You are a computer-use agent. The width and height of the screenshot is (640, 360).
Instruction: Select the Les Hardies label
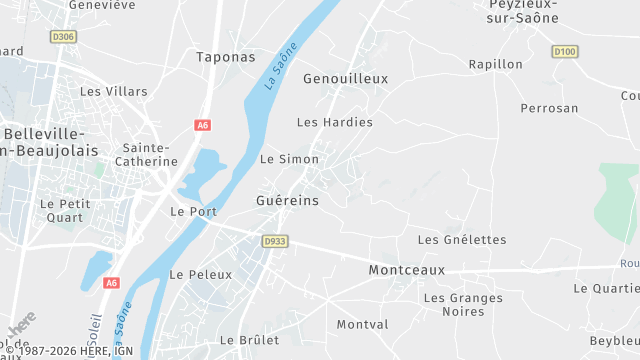coord(335,122)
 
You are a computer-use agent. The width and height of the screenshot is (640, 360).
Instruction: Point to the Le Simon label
coord(289,159)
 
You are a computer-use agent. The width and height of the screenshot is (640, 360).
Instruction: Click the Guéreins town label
coord(288,200)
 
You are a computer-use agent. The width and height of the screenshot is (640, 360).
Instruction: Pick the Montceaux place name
coord(406,270)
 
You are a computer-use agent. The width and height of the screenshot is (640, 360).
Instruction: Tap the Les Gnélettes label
coord(462,240)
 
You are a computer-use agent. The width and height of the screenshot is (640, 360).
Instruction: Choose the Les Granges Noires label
coord(462,305)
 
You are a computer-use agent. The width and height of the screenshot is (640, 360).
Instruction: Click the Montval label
coord(362,325)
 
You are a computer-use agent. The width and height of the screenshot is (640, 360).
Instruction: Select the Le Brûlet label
coord(249,340)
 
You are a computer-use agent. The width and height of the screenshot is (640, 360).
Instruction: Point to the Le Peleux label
coord(200,274)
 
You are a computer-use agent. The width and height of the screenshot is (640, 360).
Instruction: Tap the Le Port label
coord(193,211)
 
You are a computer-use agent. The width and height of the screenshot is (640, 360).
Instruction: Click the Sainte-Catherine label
coord(145,154)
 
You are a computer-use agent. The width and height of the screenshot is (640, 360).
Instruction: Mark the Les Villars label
coord(114,91)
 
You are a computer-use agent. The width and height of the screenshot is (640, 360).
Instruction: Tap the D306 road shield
coord(62,37)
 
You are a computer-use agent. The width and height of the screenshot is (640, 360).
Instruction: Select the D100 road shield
coord(564,51)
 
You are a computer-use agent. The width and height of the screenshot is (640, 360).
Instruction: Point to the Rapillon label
coord(496,64)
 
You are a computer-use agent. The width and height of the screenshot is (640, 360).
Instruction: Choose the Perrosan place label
coord(549,107)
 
